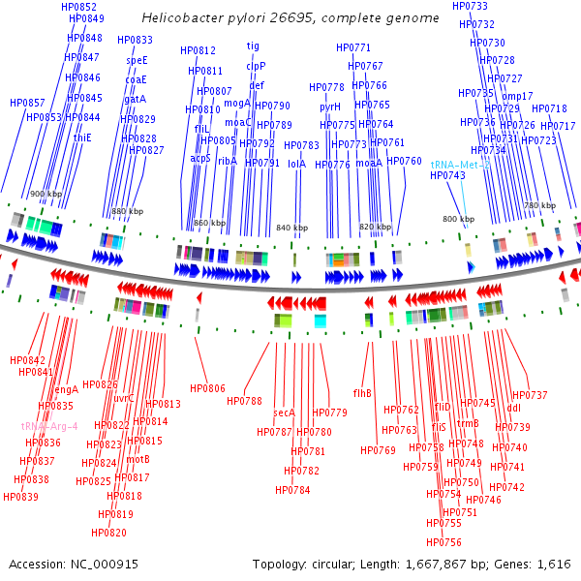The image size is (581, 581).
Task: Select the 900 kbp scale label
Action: (x=45, y=195)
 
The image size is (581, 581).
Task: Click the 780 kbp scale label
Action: (x=540, y=206)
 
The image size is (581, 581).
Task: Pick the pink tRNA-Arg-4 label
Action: (x=49, y=426)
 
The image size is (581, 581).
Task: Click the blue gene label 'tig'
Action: (x=253, y=46)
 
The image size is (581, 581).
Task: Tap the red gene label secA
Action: (x=284, y=413)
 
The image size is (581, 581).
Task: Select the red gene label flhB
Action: (x=362, y=393)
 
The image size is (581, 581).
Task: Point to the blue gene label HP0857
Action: (x=27, y=103)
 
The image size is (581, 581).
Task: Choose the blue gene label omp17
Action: (x=517, y=96)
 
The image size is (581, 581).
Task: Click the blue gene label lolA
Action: (x=296, y=164)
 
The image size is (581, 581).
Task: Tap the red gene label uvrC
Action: (x=124, y=398)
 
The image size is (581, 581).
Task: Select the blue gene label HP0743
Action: (x=447, y=175)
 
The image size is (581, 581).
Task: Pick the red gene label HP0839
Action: (x=21, y=497)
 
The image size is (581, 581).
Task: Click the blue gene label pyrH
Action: (x=330, y=107)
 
